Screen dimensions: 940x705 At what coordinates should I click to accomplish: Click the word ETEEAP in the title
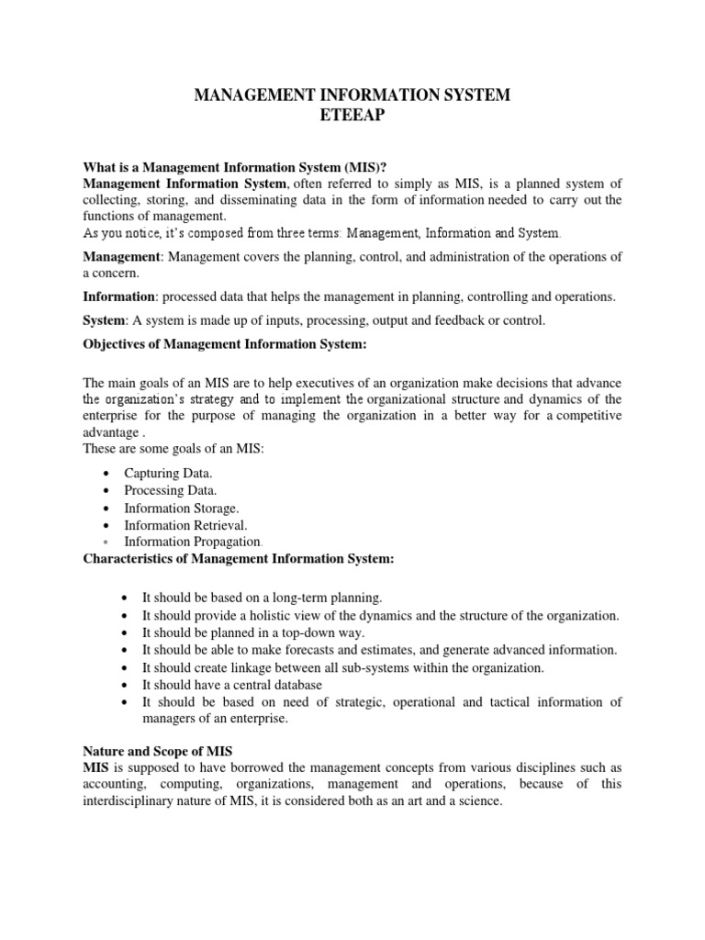coord(352,117)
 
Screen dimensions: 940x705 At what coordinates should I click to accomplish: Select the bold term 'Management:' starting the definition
coord(123,256)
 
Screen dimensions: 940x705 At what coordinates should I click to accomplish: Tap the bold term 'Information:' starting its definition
coord(121,297)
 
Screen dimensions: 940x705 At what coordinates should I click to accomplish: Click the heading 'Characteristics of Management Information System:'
coord(238,559)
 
